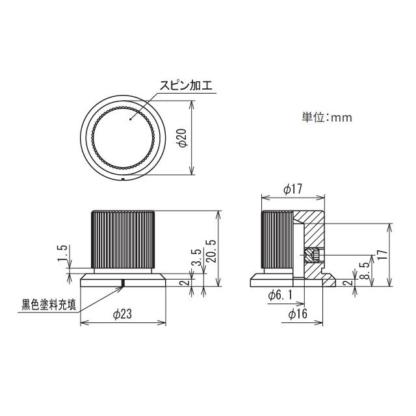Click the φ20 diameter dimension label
click(183, 138)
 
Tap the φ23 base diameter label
click(122, 315)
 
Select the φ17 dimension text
click(293, 189)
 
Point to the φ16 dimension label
click(298, 314)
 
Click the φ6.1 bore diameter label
click(280, 295)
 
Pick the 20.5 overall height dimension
click(213, 251)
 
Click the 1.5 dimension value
click(62, 253)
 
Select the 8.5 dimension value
click(365, 270)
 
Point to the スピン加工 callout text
click(186, 86)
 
